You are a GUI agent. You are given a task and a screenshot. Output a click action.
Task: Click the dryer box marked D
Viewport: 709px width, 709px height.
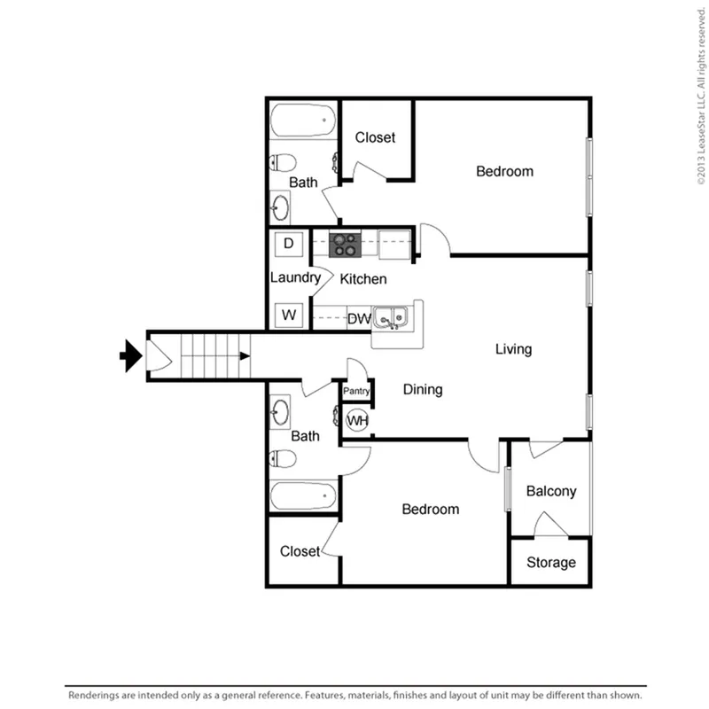click(x=289, y=245)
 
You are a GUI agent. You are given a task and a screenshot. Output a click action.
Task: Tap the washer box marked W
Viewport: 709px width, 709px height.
click(x=289, y=315)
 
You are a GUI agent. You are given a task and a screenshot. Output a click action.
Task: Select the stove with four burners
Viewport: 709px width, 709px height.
click(x=345, y=245)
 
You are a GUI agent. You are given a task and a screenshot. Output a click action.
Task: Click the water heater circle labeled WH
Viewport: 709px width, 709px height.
click(x=357, y=420)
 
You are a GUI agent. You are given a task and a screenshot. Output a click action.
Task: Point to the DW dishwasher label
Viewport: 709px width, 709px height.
click(x=359, y=319)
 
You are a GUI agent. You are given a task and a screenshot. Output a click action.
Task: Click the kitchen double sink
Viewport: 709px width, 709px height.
click(x=391, y=317)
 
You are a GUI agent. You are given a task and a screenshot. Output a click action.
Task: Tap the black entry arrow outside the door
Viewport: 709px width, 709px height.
click(x=131, y=356)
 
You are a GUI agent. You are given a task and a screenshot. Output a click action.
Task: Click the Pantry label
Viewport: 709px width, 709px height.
click(x=356, y=391)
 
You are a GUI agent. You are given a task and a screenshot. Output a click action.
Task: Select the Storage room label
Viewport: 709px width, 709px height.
click(x=551, y=563)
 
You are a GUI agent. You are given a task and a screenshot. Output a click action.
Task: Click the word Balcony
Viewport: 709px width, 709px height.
click(x=551, y=492)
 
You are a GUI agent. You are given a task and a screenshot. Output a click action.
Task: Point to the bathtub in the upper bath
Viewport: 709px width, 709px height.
click(x=303, y=121)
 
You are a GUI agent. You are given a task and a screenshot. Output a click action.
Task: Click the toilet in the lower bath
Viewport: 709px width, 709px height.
click(x=283, y=458)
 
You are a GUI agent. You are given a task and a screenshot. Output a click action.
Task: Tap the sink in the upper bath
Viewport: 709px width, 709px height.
click(x=280, y=207)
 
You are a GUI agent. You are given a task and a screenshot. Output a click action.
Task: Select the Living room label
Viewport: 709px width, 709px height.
click(x=514, y=349)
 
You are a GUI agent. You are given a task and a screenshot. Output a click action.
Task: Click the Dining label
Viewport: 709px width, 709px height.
click(x=423, y=390)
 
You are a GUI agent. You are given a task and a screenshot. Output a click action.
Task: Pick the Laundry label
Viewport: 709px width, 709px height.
click(x=296, y=277)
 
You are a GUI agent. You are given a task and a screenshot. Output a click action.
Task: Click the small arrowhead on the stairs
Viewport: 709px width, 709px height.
click(x=245, y=356)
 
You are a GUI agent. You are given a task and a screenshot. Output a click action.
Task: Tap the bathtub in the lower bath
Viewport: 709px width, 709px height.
click(x=303, y=496)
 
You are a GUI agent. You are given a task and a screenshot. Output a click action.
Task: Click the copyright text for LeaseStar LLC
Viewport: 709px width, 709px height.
click(x=701, y=96)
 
